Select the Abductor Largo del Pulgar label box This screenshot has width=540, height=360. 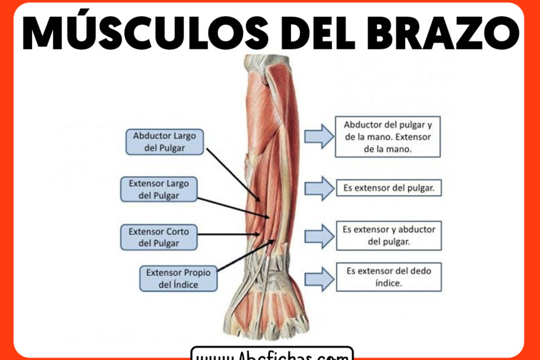[x=164, y=142]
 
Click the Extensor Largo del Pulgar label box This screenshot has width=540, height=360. [x=159, y=189]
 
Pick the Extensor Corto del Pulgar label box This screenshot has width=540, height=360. [x=159, y=237]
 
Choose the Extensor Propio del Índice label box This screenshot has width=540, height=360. [x=178, y=278]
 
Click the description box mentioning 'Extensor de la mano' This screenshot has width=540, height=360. [x=388, y=137]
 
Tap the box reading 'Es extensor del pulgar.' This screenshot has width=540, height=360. [x=388, y=188]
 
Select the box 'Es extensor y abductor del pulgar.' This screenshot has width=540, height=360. [x=388, y=235]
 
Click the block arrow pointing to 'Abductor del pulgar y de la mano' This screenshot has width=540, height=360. [x=319, y=136]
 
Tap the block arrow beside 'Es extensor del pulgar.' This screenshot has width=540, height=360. [x=319, y=188]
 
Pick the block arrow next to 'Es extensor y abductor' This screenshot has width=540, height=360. [x=319, y=235]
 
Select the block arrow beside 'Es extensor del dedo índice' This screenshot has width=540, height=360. [x=319, y=279]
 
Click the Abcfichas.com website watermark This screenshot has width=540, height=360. [x=272, y=354]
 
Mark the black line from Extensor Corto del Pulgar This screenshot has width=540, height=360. [x=226, y=234]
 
